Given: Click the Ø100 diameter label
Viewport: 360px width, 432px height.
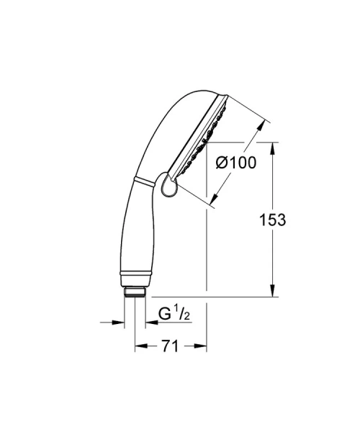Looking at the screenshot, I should pos(236,163).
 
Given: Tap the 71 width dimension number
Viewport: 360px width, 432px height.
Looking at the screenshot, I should pos(169,346).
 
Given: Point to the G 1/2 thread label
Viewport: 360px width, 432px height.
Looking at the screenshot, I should pos(174,313).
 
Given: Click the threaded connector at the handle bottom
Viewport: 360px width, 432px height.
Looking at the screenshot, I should pos(134,292).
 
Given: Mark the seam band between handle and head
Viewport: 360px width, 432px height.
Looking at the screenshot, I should pos(143,181).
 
